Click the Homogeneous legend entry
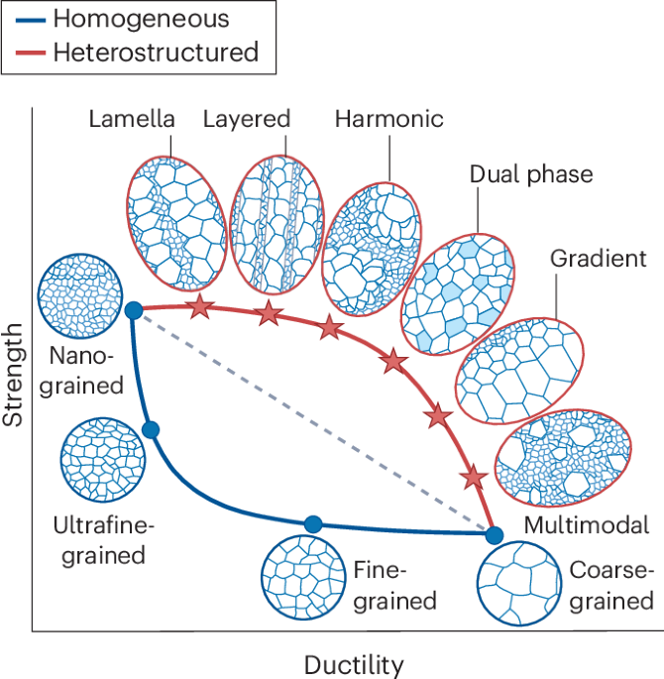coord(128,19)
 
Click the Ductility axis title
coord(353,663)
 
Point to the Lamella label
coord(131,120)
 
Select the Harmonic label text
coord(388,120)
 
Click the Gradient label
coord(599,259)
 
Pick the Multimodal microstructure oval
coord(564,455)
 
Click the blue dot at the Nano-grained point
coord(135,312)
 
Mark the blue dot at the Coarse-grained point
coord(495,535)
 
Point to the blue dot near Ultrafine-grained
coord(151,429)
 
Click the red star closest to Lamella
coord(201,306)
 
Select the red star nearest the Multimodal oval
coord(475,478)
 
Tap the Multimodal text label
coord(587,524)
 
